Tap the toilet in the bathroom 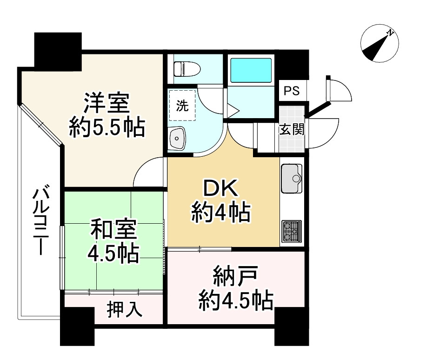[x=186, y=68]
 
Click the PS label [x=292, y=91]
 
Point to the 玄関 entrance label [x=292, y=129]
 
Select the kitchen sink [x=292, y=178]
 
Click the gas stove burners [x=292, y=231]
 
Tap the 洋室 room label [x=106, y=103]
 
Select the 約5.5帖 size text [x=106, y=127]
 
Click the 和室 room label [x=113, y=230]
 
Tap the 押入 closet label [x=125, y=310]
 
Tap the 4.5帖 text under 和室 [x=113, y=253]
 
